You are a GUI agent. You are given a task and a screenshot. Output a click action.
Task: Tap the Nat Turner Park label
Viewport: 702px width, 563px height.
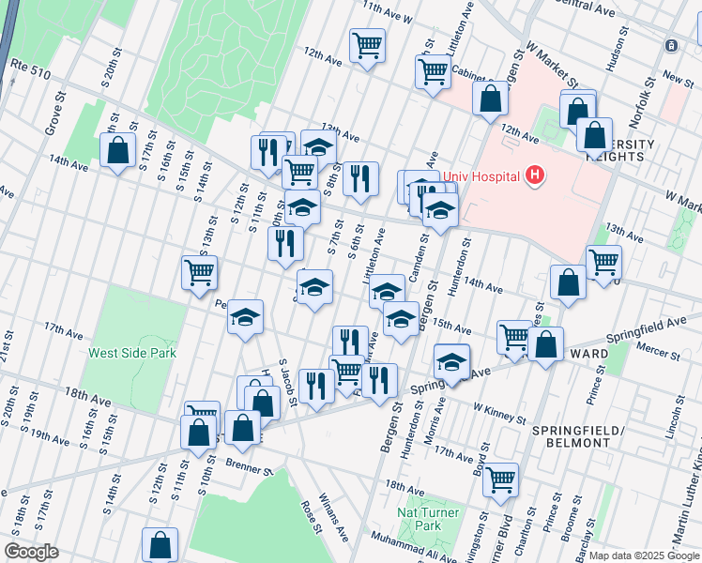coord(420,520)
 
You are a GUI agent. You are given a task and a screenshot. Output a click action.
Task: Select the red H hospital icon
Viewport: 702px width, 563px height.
coord(535,175)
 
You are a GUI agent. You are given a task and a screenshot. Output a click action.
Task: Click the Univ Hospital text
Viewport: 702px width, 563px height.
coord(487,175)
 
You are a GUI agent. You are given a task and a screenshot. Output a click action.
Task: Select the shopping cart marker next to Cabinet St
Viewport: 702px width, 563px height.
coord(434,70)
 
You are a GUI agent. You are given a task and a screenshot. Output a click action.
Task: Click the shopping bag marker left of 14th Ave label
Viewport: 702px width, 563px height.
coord(118,150)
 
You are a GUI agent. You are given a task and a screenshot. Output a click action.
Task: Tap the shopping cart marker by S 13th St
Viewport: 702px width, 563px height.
coord(200,273)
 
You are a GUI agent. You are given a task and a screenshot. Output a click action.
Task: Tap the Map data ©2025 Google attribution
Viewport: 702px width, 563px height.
coord(644,555)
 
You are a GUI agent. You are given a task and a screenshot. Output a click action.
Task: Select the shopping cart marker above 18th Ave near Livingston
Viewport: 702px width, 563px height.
coord(501,479)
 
